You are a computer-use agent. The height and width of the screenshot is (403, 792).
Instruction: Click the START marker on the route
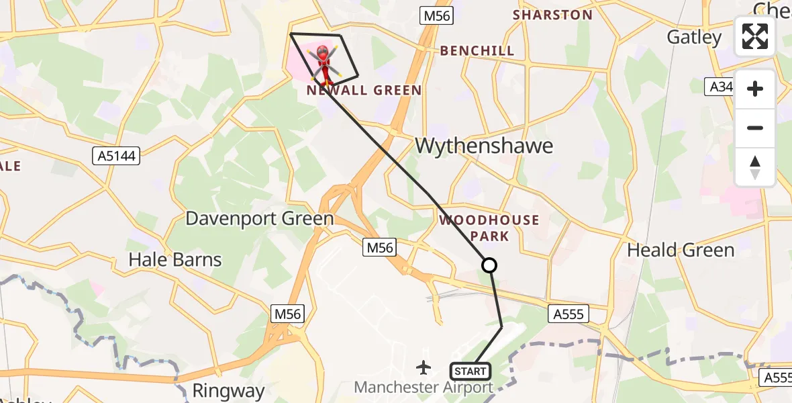[471, 371]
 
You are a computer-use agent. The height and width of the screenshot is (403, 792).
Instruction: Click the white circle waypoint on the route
[489, 265]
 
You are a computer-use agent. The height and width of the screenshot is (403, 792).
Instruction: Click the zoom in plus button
[755, 89]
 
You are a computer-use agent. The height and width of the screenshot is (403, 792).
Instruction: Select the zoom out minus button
[755, 128]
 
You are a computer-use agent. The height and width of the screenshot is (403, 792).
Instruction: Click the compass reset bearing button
[755, 167]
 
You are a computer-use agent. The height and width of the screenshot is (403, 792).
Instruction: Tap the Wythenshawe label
[484, 146]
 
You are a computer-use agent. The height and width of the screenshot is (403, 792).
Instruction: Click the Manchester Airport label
[424, 388]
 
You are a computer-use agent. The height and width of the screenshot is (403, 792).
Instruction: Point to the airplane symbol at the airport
[424, 367]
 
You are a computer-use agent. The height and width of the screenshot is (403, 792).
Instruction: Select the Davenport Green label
[259, 218]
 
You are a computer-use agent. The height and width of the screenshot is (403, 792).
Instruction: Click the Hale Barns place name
[175, 259]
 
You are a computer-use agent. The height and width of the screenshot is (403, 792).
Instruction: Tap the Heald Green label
[681, 250]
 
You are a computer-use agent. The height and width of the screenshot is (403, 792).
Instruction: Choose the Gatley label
[693, 37]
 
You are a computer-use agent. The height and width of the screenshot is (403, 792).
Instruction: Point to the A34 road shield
[717, 86]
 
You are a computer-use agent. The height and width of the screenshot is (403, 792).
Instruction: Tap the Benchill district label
[477, 50]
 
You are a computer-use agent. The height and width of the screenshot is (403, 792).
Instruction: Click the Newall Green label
[364, 90]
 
